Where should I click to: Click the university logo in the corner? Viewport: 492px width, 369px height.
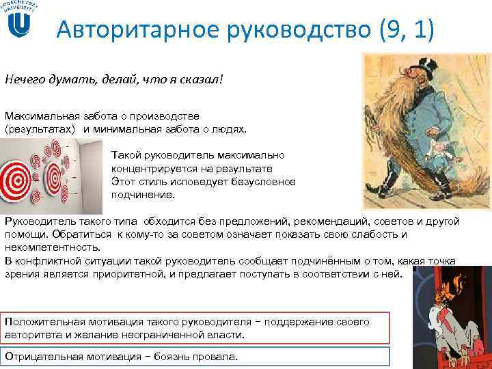[22, 20]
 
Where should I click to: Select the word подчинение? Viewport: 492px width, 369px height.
[143, 195]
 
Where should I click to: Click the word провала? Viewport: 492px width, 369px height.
[217, 357]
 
